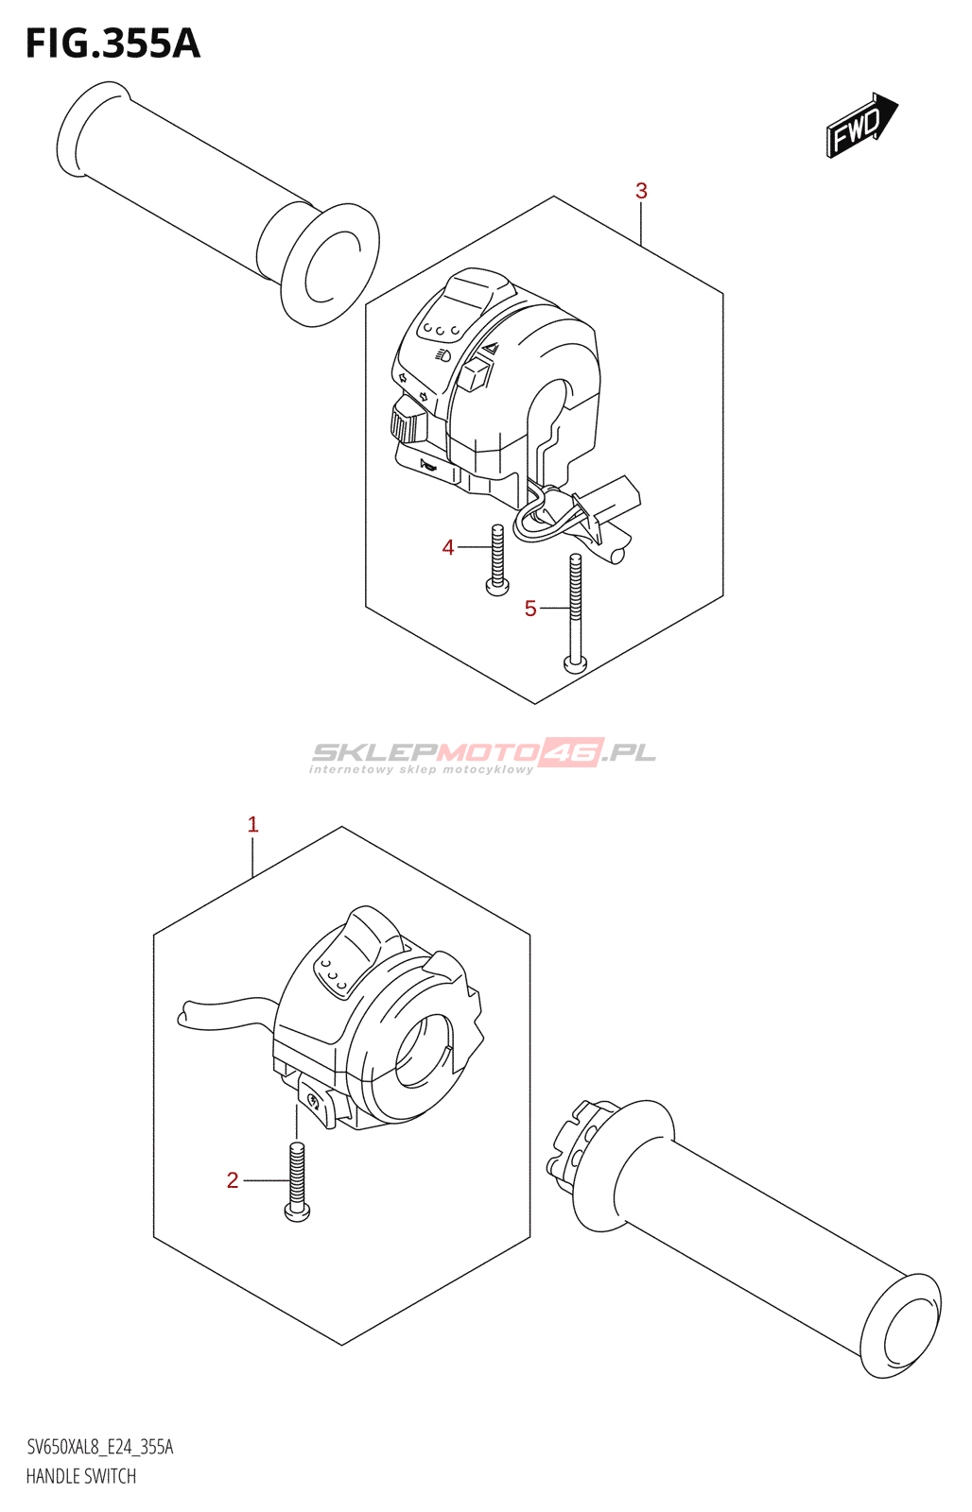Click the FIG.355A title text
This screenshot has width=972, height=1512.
[x=113, y=44]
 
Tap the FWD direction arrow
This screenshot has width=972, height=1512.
[x=860, y=126]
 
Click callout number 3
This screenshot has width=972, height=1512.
[x=641, y=191]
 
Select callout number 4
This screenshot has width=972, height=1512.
[x=448, y=547]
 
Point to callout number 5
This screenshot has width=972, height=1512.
[x=530, y=610]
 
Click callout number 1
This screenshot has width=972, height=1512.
[x=252, y=824]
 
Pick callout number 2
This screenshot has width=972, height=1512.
[x=233, y=1180]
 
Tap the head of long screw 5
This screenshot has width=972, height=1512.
[x=575, y=663]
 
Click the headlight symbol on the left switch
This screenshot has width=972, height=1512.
[x=443, y=355]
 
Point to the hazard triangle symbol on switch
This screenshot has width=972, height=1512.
[x=490, y=349]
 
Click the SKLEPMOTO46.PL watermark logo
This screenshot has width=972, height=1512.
[x=482, y=754]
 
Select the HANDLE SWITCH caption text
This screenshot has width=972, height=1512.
[x=81, y=1476]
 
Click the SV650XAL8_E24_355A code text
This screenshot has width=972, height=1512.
[x=100, y=1447]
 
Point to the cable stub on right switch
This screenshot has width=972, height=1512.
[x=222, y=1010]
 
